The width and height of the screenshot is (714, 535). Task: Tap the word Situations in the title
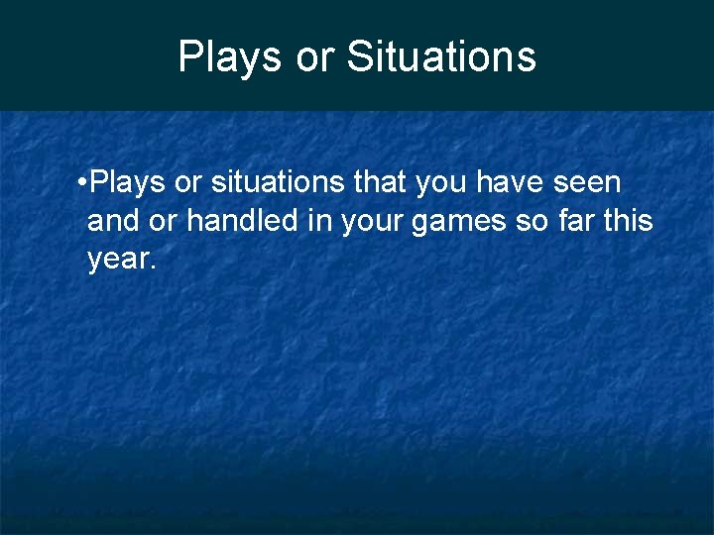coord(441,56)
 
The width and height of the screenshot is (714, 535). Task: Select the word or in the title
coord(316,58)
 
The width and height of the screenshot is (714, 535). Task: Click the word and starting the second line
coord(111,221)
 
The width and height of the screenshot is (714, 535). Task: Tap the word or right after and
coord(162,222)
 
